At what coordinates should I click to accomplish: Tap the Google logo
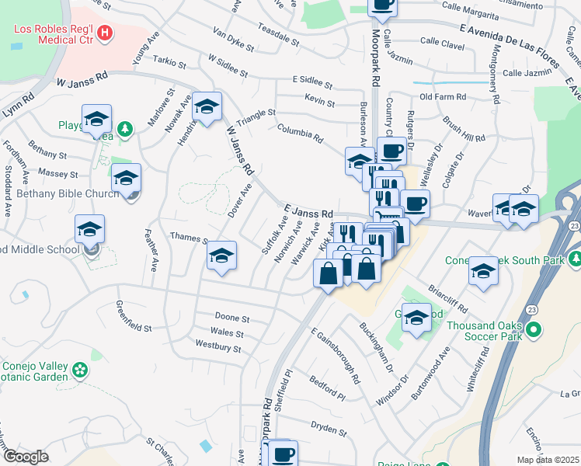(26, 457)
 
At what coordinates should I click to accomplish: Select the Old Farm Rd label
(442, 97)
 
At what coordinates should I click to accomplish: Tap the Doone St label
(231, 318)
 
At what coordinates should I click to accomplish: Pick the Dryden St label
(328, 428)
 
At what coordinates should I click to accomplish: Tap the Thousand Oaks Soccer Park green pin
(533, 331)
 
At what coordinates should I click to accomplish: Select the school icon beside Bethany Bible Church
(126, 180)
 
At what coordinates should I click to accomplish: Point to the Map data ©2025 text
(548, 460)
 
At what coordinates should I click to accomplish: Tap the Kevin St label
(319, 102)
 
